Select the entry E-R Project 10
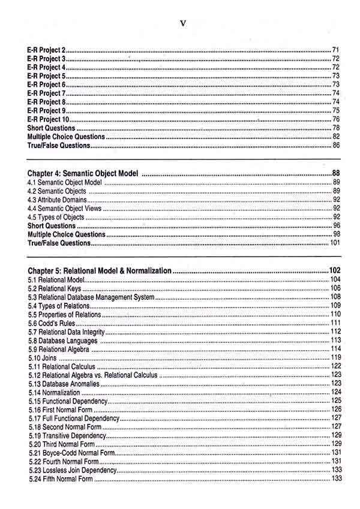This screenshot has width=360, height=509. coord(49,119)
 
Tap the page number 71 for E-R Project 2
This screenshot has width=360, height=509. coord(336,50)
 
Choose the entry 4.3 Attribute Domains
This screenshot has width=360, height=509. coord(58,200)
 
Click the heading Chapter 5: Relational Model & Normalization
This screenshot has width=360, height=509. coord(100,272)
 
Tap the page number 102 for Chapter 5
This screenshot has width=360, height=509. coord(335,271)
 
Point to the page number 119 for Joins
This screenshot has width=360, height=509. coord(336,358)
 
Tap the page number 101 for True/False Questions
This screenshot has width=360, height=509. coord(335,243)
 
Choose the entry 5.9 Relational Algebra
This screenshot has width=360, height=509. coord(59,349)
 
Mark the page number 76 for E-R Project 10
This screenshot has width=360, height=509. coord(336,119)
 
